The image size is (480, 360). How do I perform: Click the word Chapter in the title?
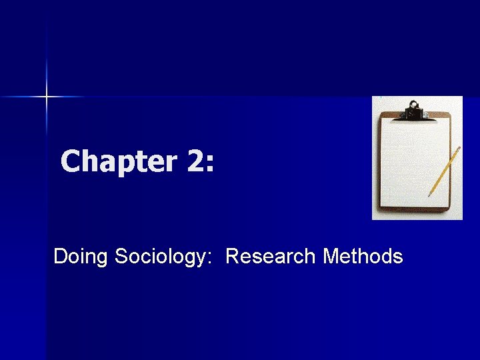tap(115, 162)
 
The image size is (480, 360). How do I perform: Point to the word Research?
tap(271, 256)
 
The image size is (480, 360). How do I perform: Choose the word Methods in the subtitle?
tap(363, 256)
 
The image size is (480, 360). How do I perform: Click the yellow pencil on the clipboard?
tap(445, 170)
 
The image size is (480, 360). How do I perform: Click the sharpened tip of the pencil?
tap(429, 195)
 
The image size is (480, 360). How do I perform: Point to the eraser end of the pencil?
tap(459, 147)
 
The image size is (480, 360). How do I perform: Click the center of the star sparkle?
tap(47, 97)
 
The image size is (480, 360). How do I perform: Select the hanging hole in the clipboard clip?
tap(415, 105)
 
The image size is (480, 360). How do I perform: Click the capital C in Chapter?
tap(71, 162)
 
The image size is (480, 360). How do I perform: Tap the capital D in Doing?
tap(60, 256)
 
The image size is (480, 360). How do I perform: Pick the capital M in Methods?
tap(330, 256)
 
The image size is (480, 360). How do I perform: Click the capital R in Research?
tap(233, 256)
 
